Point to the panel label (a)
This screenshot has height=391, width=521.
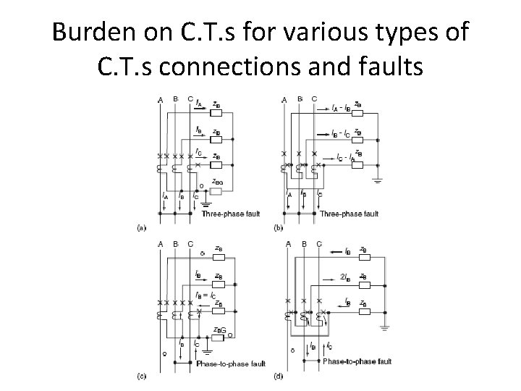click(142, 227)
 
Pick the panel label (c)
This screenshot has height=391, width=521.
click(142, 374)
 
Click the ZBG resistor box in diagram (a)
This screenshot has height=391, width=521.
click(215, 191)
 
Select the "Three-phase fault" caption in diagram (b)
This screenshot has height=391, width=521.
click(350, 214)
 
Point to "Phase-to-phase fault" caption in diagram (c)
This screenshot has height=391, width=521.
click(230, 363)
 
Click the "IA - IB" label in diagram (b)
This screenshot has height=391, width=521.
click(342, 109)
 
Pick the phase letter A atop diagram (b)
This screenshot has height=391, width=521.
click(284, 98)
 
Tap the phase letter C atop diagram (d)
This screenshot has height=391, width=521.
click(318, 244)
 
